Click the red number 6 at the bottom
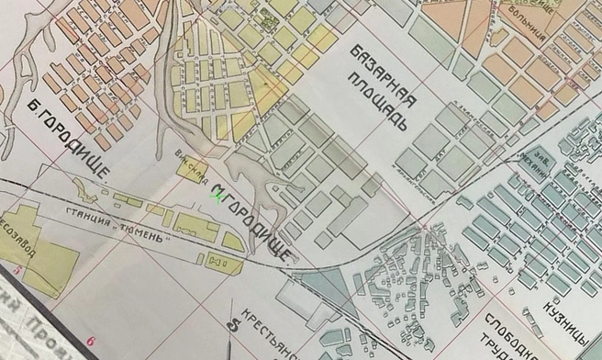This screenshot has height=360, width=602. [x=91, y=341]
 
